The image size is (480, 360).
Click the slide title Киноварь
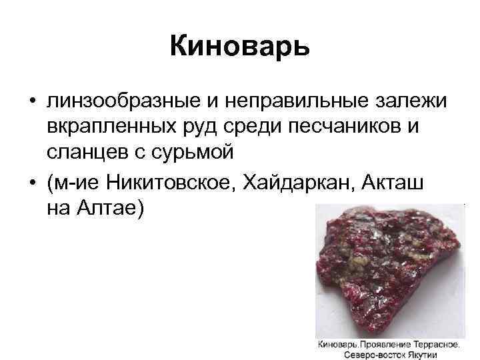(x=239, y=47)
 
